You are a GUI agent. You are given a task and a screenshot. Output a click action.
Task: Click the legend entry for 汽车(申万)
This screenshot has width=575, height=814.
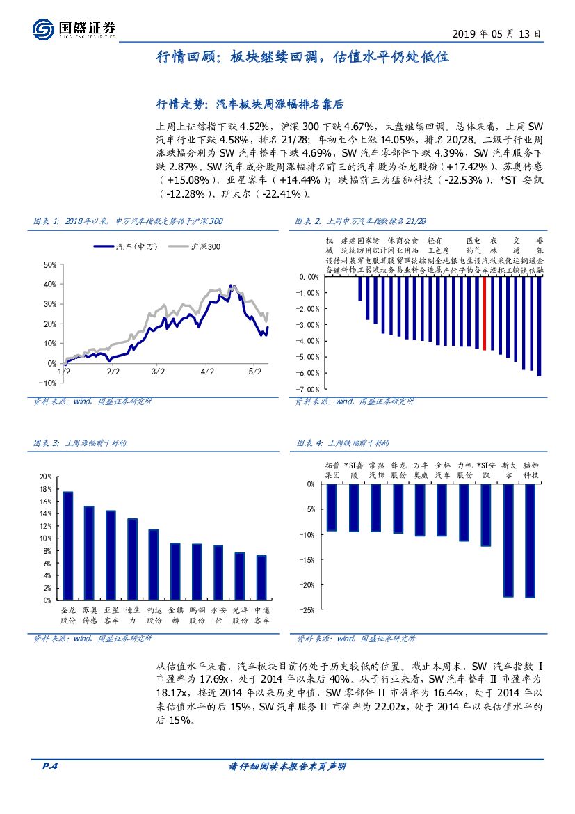[x=125, y=246]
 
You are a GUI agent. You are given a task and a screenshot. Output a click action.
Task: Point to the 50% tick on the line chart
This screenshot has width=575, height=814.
[x=49, y=265]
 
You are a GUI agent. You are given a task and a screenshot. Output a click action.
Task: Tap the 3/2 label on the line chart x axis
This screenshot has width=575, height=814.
[x=158, y=372]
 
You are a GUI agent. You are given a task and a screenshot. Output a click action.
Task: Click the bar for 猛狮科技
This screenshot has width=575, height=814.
[x=531, y=540]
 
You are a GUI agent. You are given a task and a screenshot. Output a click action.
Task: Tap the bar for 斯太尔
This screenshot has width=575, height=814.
[x=508, y=540]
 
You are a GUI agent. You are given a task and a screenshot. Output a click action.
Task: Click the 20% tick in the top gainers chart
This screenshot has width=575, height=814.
[x=46, y=477]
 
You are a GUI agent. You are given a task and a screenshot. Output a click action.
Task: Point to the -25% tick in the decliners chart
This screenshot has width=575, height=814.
[x=306, y=609]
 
